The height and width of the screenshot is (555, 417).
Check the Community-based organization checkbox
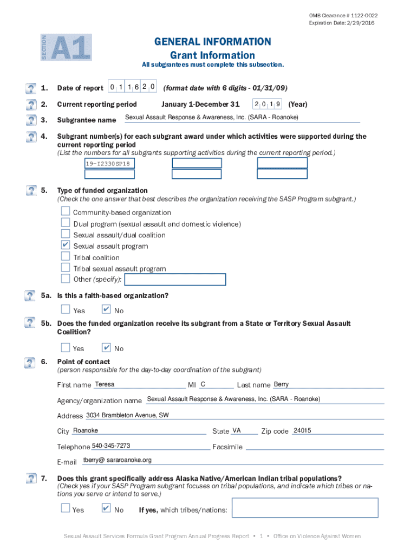point(66,212)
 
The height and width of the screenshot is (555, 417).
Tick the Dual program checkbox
point(66,223)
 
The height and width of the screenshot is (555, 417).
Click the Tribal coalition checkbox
point(66,257)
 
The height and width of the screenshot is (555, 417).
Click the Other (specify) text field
point(175,280)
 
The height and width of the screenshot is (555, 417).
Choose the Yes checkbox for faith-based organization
point(66,310)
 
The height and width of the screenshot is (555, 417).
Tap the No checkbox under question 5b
point(107,348)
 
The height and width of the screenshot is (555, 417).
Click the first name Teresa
point(105,384)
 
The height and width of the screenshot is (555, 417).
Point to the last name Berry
point(281,384)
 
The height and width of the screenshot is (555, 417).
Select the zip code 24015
point(302,431)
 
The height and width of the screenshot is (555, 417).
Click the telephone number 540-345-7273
point(111,446)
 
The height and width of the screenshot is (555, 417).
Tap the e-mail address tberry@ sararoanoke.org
point(117,460)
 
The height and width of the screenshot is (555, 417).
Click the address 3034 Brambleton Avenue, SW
point(127,416)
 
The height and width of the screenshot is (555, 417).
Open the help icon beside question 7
point(30,479)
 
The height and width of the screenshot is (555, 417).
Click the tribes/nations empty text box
point(304,508)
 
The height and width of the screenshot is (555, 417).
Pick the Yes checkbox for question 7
point(66,509)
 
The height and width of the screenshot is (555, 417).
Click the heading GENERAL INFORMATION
point(212,42)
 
